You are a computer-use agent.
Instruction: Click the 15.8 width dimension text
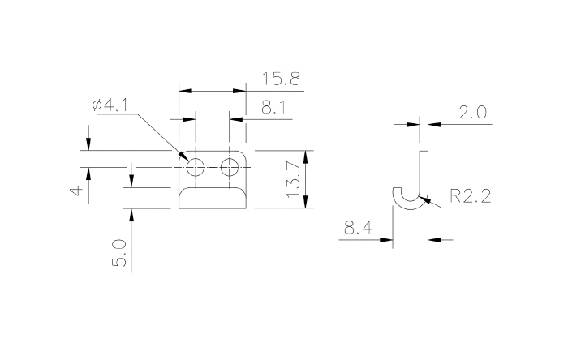coord(282,79)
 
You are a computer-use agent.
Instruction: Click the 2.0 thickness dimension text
coord(472,113)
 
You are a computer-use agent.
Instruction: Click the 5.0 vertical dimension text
coord(119,253)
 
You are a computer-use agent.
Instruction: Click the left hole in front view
coord(196,168)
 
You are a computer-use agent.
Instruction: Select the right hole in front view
coord(230,168)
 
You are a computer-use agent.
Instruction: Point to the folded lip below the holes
coord(213,198)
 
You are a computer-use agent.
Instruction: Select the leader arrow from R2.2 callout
coord(434,206)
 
